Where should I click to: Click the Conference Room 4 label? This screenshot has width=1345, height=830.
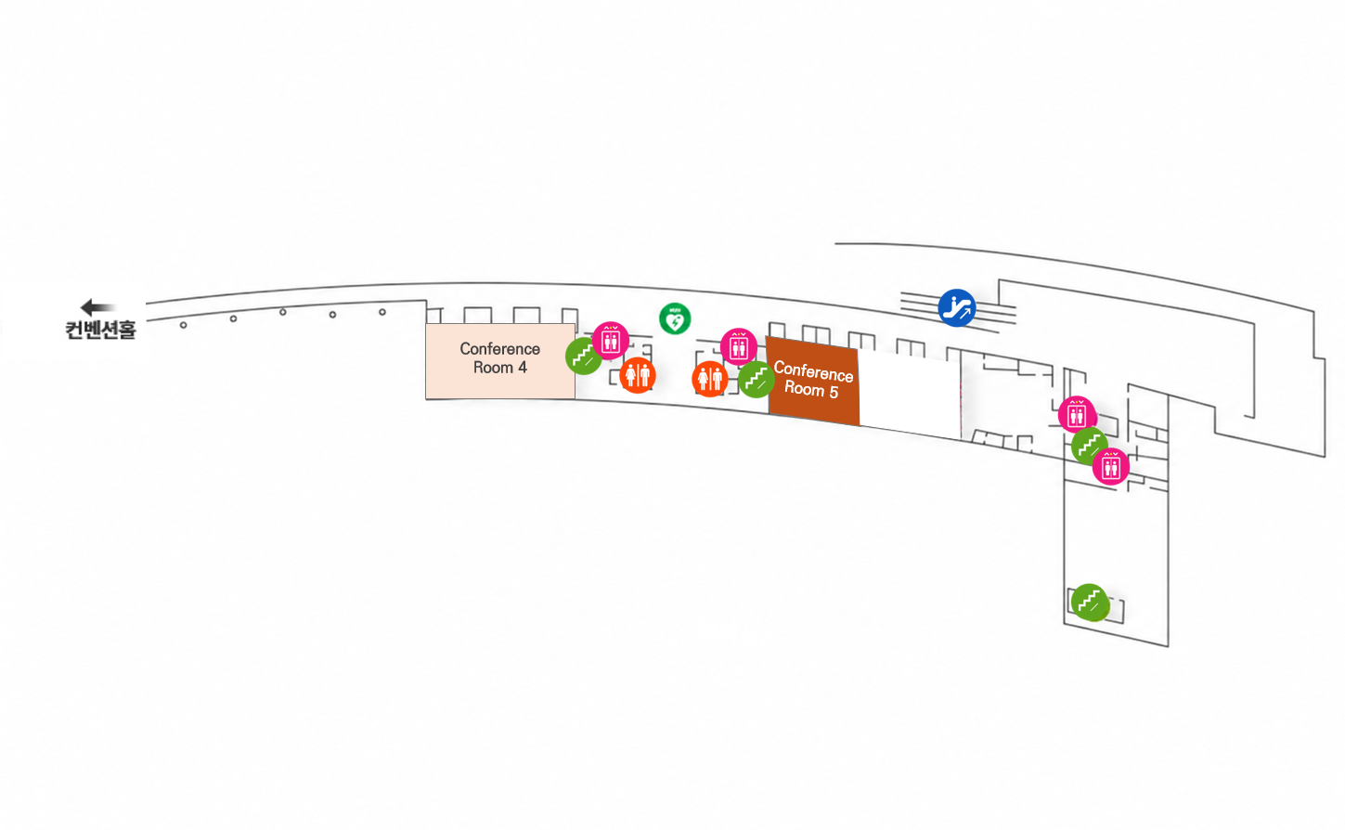500,358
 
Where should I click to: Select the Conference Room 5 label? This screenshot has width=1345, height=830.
813,380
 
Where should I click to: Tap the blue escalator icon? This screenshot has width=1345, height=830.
956,308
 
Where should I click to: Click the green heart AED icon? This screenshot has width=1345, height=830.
675,318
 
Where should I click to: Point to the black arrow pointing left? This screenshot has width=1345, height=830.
97,307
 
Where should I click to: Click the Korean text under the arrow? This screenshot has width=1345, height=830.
101,330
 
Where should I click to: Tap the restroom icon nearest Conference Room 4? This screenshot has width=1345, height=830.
637,375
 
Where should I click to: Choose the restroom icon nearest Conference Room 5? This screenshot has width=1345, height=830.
710,379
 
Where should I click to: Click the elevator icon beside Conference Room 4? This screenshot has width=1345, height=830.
611,341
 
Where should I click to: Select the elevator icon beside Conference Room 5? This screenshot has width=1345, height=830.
739,346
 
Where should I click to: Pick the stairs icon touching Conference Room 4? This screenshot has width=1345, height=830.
584,357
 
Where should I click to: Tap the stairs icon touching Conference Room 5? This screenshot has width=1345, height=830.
757,380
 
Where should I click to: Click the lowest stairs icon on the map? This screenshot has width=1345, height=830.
1090,602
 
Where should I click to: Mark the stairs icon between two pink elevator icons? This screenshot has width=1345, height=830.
1090,446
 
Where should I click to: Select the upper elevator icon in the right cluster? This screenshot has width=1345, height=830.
1077,414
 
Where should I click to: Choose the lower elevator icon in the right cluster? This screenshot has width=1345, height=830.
1111,467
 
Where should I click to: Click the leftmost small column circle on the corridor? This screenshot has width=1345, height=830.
183,325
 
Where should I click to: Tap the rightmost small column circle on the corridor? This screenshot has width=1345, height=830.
382,312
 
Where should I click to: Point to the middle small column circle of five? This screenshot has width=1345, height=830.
283,312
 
